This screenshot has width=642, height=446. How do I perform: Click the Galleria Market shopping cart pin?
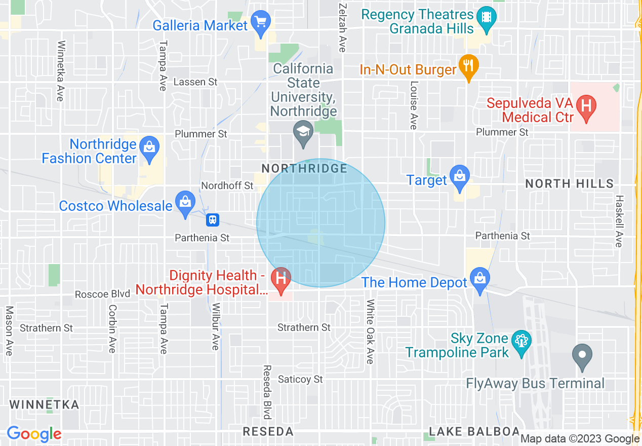tap(261, 23)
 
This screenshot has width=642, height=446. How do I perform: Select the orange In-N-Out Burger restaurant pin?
tap(469, 66)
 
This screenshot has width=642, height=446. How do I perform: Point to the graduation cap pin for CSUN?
tap(303, 133)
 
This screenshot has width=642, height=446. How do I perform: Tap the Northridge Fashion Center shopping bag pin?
tap(149, 149)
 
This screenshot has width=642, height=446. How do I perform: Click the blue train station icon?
tap(213, 220)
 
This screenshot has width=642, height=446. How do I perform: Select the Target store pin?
tap(459, 178)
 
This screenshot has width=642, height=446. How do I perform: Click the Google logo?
tap(34, 434)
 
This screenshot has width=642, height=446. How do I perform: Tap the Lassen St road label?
tap(195, 82)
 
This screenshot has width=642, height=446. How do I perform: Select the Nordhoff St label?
tap(227, 185)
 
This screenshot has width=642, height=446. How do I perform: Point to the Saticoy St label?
tap(300, 379)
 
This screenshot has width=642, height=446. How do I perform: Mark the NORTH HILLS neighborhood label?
tap(569, 183)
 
